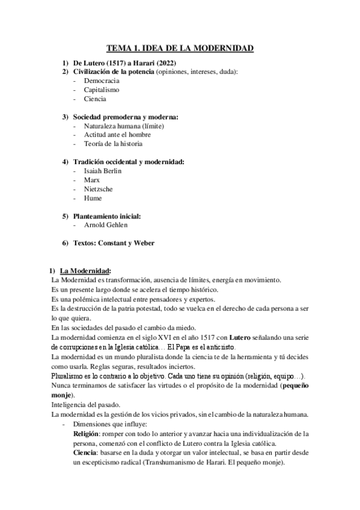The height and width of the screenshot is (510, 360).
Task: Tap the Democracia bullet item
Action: click(102, 80)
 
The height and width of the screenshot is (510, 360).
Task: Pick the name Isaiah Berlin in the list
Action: click(103, 171)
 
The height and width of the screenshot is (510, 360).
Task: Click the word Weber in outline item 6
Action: click(143, 243)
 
